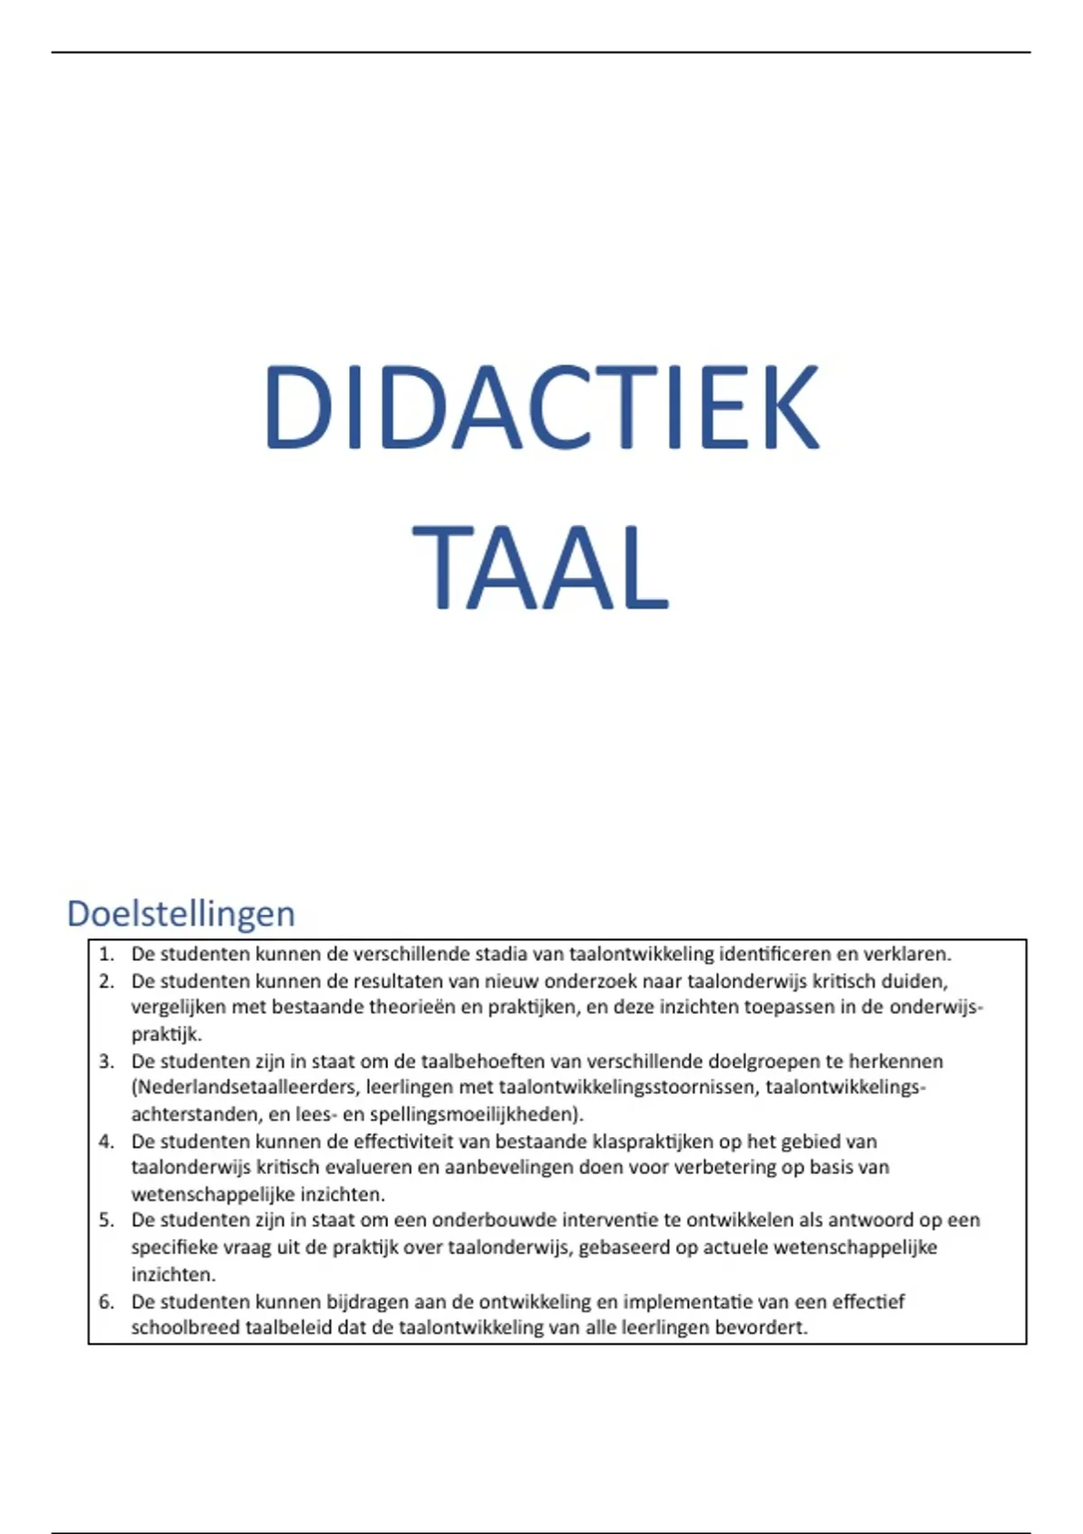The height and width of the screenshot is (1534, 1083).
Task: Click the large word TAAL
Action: tap(541, 568)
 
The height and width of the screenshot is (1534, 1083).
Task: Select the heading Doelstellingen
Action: tap(180, 913)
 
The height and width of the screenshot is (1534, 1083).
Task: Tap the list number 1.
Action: tap(106, 954)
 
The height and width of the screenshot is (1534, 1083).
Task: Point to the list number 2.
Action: tap(106, 981)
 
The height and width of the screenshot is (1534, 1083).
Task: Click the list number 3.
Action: tap(106, 1061)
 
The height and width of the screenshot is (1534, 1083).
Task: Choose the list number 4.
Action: tap(106, 1141)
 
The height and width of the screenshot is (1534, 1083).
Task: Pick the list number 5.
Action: tap(106, 1220)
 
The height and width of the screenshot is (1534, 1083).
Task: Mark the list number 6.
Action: tap(106, 1301)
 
